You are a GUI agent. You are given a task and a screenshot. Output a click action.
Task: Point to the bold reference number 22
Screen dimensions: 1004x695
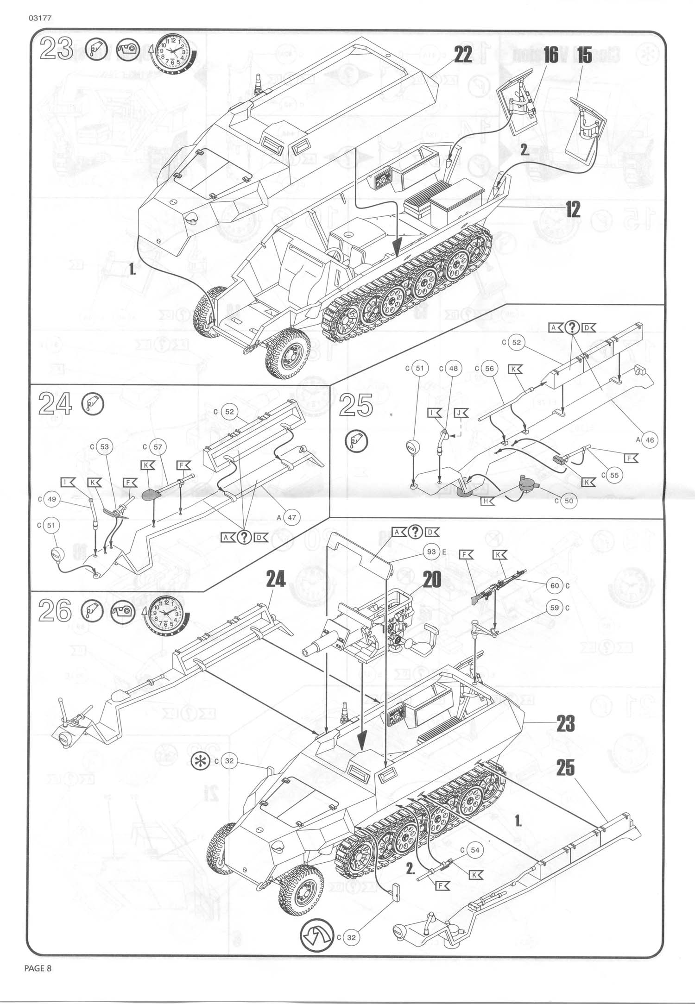462,54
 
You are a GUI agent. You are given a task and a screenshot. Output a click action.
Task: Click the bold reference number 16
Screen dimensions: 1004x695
551,55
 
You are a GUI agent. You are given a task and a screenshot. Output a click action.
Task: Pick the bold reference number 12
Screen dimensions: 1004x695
573,210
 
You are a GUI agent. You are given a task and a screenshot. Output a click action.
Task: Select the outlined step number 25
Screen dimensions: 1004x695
356,406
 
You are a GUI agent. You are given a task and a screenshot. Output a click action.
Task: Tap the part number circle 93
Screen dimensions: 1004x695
432,552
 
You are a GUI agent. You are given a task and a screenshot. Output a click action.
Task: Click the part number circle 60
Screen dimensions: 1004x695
555,586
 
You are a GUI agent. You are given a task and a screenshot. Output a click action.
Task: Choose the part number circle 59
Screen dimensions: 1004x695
555,608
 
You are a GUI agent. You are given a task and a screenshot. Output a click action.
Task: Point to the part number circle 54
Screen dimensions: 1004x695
475,850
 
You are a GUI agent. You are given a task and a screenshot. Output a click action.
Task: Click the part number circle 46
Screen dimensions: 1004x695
649,440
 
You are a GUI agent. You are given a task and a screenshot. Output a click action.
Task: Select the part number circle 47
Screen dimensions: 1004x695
292,517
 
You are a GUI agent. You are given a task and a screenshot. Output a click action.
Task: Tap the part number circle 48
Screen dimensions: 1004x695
454,368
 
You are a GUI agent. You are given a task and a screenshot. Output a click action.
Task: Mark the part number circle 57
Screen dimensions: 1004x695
158,447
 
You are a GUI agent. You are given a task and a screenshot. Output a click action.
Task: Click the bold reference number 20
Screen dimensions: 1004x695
432,579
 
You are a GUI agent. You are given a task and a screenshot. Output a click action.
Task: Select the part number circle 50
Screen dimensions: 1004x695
569,501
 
